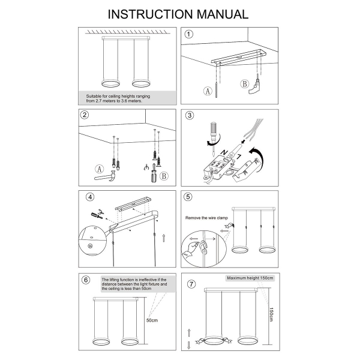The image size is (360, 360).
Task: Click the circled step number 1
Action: [x=189, y=34]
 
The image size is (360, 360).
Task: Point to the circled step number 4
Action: [x=90, y=197]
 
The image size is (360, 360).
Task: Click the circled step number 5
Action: [x=188, y=197]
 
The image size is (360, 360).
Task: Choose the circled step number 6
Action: [x=86, y=280]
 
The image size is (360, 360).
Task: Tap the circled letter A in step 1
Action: [x=208, y=92]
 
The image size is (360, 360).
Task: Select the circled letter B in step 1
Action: [x=244, y=83]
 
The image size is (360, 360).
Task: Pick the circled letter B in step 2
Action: [x=164, y=175]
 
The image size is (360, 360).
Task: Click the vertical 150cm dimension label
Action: [x=271, y=315]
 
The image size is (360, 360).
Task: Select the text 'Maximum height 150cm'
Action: [x=250, y=278]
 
